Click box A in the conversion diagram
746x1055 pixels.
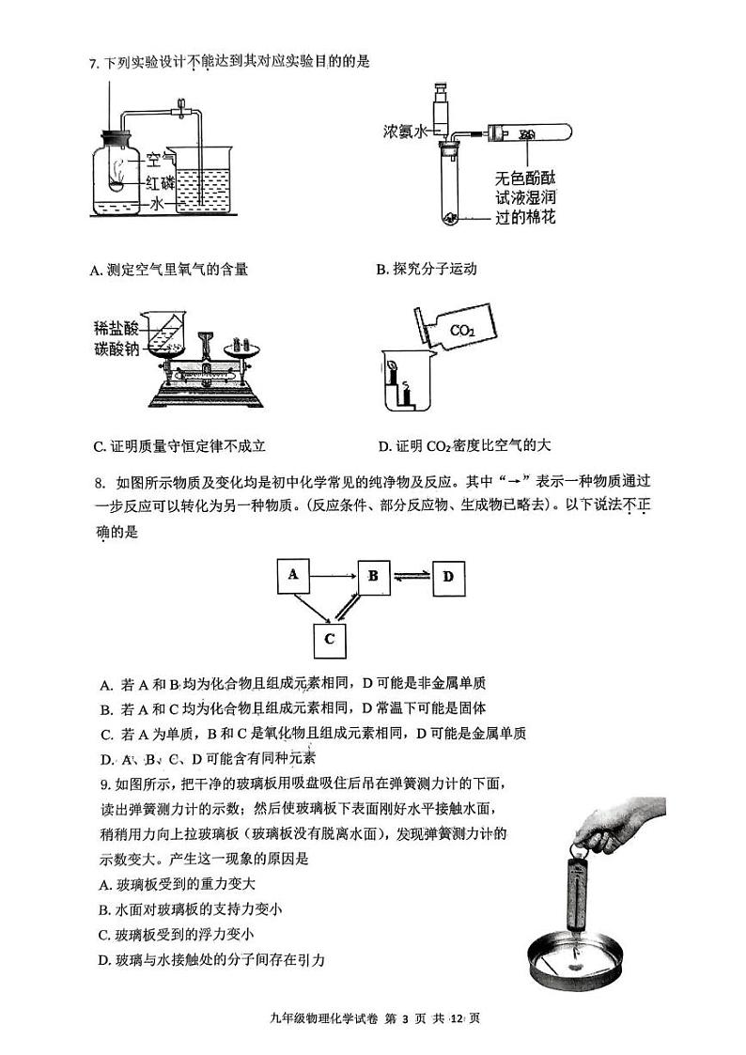293,575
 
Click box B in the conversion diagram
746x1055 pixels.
373,575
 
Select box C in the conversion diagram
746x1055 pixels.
330,639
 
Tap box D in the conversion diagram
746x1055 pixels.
448,575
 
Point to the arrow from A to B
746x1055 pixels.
334,574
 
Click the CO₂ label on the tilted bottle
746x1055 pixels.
462,330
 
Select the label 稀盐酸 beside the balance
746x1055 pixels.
113,328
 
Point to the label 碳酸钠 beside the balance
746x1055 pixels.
113,349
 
